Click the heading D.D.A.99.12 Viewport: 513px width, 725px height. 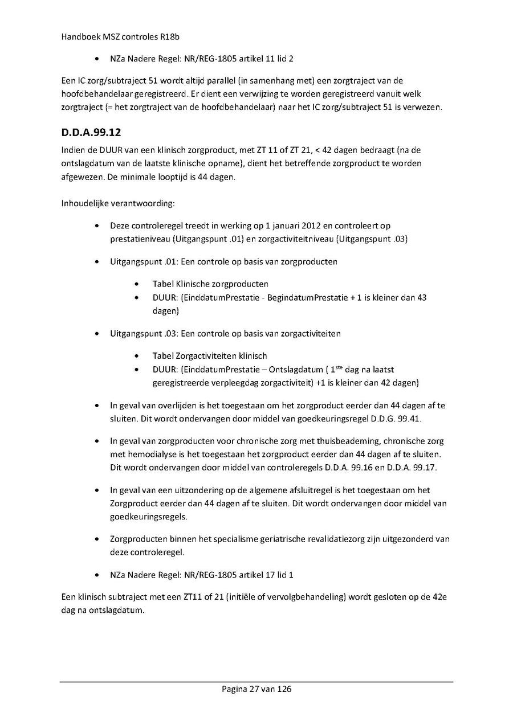(91, 133)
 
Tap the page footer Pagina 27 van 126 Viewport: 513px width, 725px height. (256, 689)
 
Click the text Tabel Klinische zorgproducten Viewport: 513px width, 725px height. (210, 284)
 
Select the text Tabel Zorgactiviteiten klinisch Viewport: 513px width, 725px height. (209, 355)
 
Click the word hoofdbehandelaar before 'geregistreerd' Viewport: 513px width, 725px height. (96, 93)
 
